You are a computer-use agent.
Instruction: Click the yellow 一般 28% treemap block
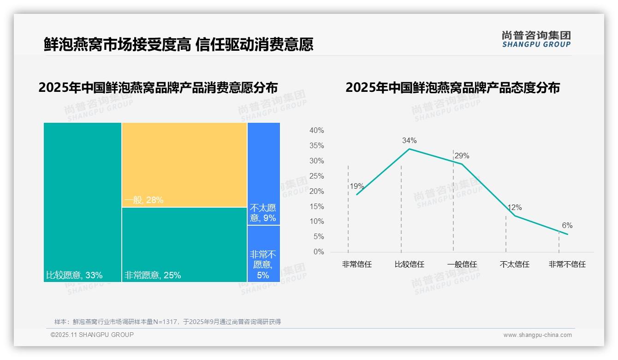(184, 165)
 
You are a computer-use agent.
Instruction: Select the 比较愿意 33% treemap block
(83, 202)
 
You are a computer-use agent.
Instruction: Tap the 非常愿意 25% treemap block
(184, 245)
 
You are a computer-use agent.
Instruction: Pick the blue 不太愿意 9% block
(263, 174)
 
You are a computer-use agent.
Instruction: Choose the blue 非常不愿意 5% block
(263, 253)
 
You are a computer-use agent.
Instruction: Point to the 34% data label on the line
(409, 140)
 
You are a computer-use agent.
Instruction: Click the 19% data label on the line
(357, 186)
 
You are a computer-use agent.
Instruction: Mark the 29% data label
(462, 156)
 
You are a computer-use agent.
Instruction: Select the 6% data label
(567, 225)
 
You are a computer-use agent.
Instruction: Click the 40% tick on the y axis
(316, 131)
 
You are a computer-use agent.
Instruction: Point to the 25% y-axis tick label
(316, 176)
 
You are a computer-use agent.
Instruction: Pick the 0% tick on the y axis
(319, 252)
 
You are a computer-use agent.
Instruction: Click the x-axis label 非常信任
(357, 264)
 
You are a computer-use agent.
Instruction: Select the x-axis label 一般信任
(462, 264)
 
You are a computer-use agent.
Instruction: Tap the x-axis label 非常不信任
(567, 264)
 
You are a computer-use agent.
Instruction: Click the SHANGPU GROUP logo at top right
(536, 39)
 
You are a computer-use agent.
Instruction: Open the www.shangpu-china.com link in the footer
(537, 335)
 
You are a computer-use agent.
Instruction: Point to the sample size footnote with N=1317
(167, 322)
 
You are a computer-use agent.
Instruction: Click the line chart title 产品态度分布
(452, 88)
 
